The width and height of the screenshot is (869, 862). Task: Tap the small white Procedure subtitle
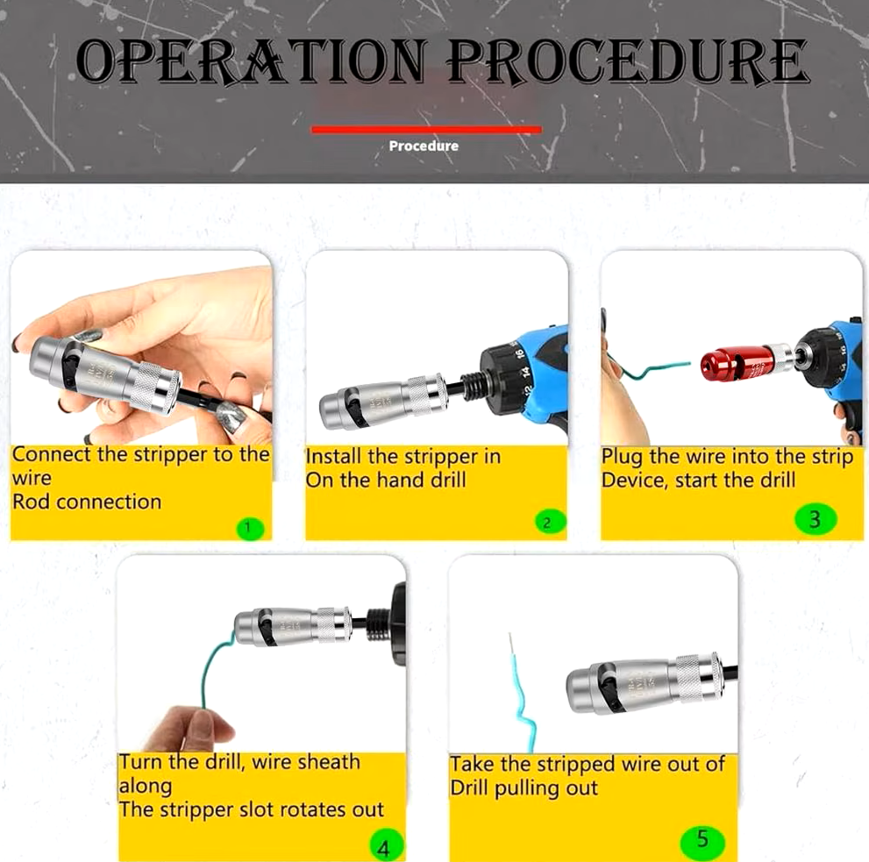pos(424,146)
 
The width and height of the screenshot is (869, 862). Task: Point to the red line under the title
pos(426,130)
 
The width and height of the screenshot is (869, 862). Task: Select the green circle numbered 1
pos(248,527)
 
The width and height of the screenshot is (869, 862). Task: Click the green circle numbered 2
pos(547,523)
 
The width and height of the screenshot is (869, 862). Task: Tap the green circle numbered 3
pos(815,519)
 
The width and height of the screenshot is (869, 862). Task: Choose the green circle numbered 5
pos(702,840)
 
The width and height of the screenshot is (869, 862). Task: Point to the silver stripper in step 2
pos(382,400)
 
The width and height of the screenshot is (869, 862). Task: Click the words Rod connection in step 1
pos(87,502)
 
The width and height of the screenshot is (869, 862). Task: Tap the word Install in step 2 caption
pos(333,457)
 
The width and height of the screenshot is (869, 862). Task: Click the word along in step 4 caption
pos(146,787)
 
